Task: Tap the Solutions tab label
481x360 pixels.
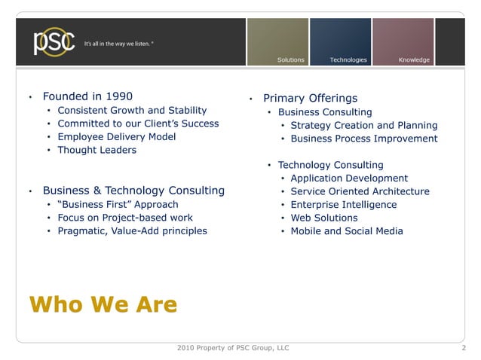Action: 290,59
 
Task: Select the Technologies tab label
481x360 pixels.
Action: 348,59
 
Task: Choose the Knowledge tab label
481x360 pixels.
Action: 414,59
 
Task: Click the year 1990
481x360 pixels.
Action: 118,96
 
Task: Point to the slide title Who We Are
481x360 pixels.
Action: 103,304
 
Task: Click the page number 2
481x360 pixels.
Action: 463,348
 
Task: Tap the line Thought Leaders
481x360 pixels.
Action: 97,150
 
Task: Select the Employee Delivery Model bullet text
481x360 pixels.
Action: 117,136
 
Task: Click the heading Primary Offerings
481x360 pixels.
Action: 310,98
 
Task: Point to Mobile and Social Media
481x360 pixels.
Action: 346,231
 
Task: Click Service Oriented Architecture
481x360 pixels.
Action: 360,191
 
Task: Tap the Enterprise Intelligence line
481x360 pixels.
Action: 343,205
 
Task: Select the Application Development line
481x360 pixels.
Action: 349,178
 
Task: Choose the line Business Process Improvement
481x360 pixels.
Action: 363,139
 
